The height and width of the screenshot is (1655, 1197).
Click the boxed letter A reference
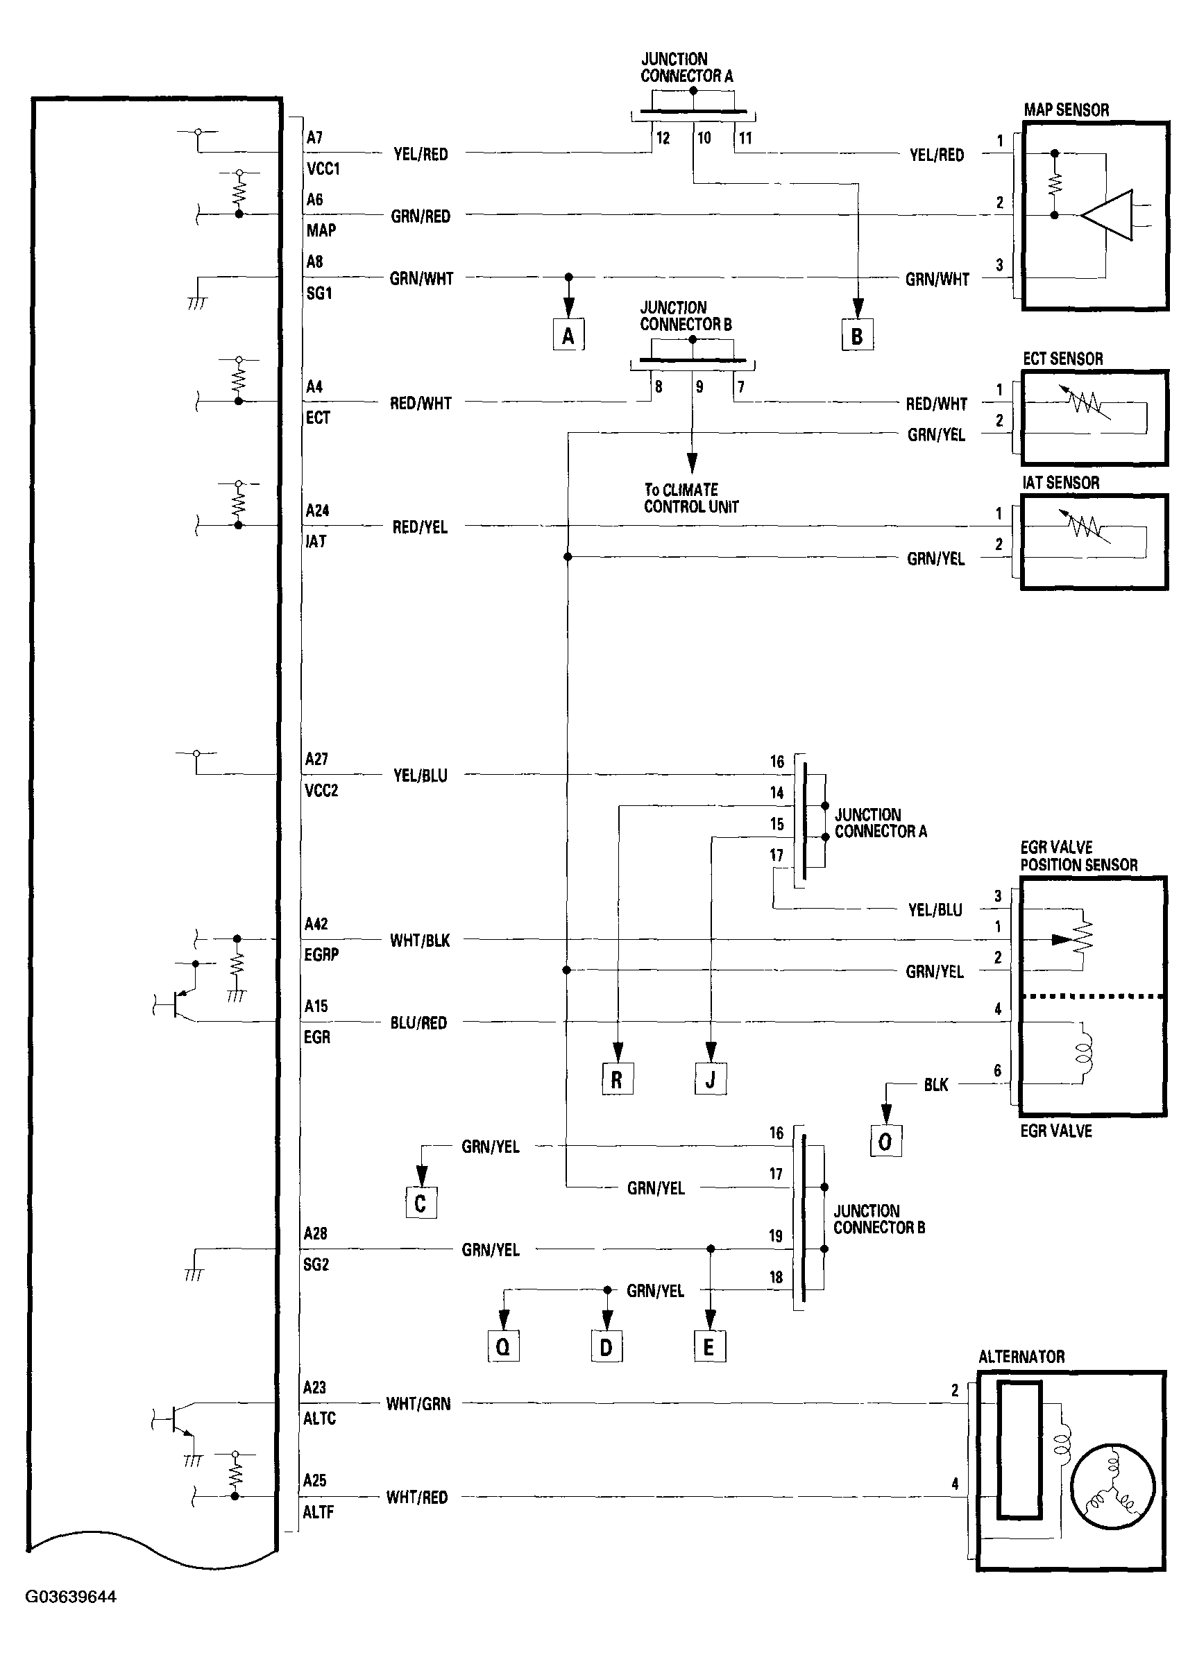tap(568, 336)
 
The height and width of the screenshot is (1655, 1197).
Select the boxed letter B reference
tap(857, 336)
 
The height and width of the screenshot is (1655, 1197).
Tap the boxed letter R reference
tap(617, 1079)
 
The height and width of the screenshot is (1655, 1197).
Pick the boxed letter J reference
tap(710, 1079)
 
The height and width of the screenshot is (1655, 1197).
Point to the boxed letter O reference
tap(885, 1141)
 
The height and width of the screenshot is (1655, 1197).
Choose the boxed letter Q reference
tap(503, 1346)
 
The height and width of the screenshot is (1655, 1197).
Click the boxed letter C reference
tap(421, 1203)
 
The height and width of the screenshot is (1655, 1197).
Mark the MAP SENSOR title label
tap(1066, 110)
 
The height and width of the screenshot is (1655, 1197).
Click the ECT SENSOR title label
tap(1062, 359)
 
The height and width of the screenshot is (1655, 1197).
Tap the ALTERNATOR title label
tap(1021, 1357)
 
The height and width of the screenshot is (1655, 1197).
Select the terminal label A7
tap(314, 137)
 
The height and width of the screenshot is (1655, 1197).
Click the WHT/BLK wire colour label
tap(420, 941)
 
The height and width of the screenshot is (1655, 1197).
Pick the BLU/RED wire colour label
tap(418, 1023)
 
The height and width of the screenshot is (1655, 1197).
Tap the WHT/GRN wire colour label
tap(418, 1403)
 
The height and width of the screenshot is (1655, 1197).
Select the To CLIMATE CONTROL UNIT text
tap(690, 499)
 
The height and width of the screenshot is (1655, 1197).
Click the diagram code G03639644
tap(71, 1597)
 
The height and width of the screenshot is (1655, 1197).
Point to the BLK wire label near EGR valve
tap(935, 1085)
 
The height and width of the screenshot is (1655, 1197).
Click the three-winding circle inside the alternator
tap(1112, 1486)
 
